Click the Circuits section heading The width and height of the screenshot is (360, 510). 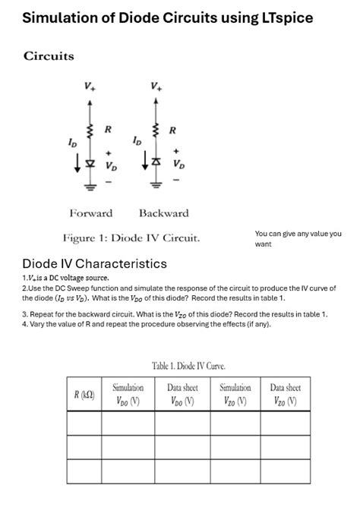tap(49, 56)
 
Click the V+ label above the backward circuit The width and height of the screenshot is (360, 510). tap(156, 86)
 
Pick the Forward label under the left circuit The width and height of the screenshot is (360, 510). tap(90, 213)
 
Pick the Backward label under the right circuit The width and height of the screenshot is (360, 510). tap(163, 213)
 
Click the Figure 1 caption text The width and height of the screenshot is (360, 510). tap(131, 238)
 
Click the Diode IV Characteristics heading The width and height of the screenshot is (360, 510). tap(94, 264)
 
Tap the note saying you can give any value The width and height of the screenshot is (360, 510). tap(298, 239)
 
